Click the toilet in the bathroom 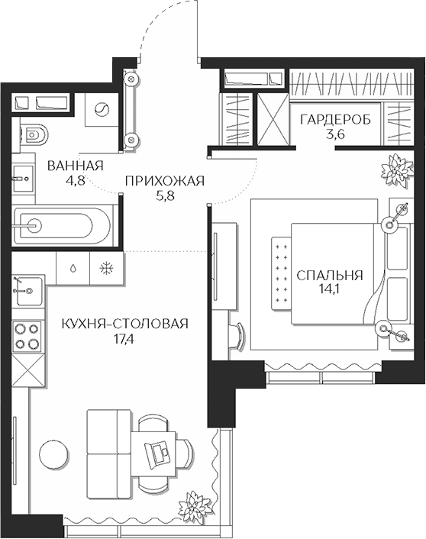[33, 136]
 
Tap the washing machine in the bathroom [100, 111]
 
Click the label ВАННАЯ [75, 166]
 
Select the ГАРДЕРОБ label [335, 121]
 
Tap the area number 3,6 [335, 135]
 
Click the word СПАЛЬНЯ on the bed [330, 276]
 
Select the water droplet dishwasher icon [72, 268]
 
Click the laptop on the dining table [160, 451]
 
